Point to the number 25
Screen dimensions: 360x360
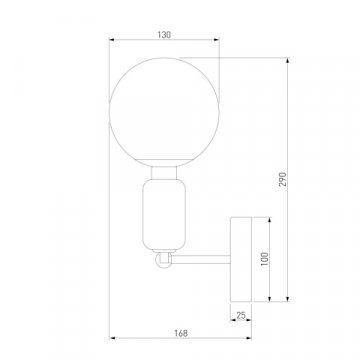coord(241,316)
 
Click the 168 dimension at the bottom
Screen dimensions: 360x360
coord(180,347)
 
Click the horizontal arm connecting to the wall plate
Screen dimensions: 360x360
coord(200,262)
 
